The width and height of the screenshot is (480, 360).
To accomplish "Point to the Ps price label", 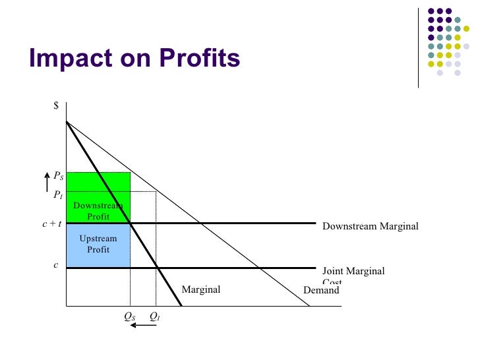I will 59,177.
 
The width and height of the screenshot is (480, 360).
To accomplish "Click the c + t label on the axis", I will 51,224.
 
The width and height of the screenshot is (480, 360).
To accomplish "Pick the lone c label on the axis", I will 56,265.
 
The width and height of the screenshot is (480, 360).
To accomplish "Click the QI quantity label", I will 155,316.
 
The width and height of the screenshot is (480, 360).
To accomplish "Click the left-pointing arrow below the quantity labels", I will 142,325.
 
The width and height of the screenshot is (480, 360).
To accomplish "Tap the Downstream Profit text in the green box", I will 98,211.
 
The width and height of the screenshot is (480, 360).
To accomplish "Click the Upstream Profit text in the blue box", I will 98,244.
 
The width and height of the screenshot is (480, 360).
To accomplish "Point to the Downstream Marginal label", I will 370,227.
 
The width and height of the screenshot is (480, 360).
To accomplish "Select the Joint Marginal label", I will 353,271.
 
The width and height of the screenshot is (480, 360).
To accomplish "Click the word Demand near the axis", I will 320,290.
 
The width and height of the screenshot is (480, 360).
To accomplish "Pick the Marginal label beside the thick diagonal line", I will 200,290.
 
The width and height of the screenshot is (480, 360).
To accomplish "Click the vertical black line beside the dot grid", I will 418,46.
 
